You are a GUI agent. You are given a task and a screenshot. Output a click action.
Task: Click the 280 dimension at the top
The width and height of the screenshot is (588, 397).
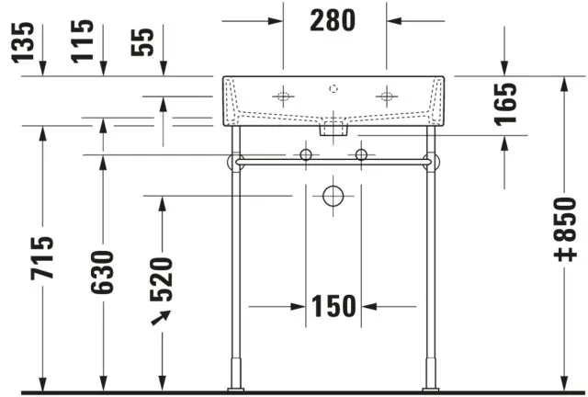pos(333,20)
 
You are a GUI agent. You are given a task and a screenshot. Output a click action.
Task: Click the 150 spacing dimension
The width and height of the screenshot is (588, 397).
pos(333,306)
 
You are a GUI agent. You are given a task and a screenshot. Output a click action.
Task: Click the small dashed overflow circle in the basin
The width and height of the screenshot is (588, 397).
pos(334,88)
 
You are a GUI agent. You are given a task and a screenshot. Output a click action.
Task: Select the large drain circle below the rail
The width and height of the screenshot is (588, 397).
pos(333,196)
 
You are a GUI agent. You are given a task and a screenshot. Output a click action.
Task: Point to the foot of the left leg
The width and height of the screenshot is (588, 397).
pos(238,377)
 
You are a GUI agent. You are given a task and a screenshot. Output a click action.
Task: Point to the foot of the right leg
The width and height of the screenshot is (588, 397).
pos(429,377)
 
